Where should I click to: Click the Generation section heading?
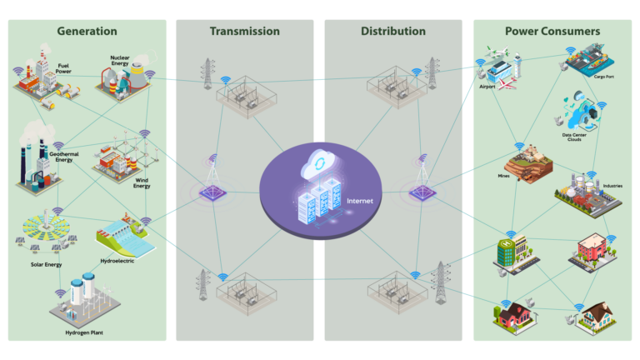87,32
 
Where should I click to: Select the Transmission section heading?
244,32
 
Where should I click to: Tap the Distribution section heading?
392,32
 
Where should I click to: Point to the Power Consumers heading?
552,32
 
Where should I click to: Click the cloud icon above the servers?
319,161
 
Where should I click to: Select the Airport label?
487,86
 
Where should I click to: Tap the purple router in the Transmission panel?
214,192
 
